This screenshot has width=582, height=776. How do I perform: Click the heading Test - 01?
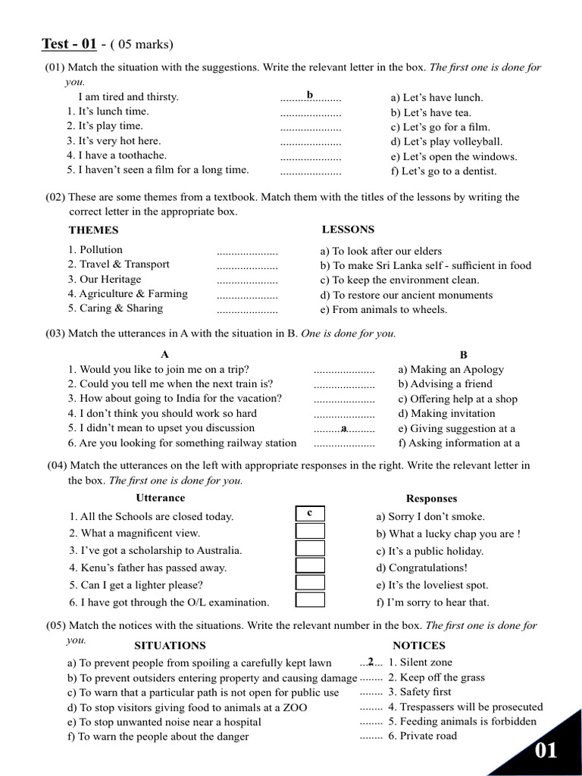coord(68,43)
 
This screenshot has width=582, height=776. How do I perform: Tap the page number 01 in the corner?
coord(546,750)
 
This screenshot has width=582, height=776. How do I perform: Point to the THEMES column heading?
coord(93,230)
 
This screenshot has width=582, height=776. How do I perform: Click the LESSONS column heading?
coord(348,230)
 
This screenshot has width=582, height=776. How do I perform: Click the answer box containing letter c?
coord(310,514)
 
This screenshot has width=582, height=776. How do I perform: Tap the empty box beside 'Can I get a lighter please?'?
coord(310,584)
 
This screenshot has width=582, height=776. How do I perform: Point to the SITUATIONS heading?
coord(170,646)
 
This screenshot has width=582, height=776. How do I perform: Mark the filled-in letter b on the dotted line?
coord(310,95)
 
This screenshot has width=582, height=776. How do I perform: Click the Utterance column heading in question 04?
coord(160,498)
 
